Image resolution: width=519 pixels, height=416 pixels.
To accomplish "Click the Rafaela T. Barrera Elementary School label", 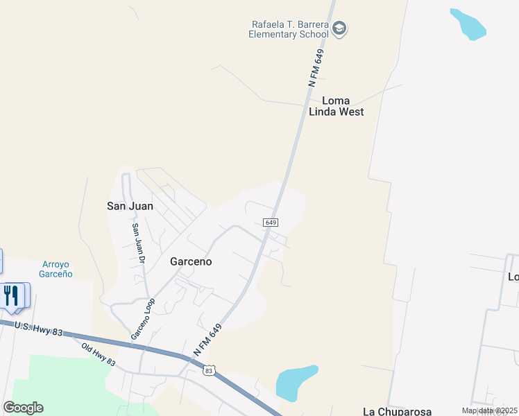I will pos(290,29).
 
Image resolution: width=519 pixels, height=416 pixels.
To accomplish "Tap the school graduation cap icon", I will pos(340,28).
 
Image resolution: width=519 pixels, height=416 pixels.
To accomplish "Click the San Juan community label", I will pos(129,206).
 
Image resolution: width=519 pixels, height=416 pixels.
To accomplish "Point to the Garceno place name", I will pos(191,262).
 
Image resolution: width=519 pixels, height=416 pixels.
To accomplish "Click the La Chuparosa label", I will pos(397,410).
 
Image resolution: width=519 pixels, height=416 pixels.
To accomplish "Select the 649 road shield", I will pos(271,223).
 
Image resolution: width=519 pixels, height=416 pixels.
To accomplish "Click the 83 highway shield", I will pos(210,371).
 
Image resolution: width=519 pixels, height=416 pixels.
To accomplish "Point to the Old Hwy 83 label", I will pos(99,355).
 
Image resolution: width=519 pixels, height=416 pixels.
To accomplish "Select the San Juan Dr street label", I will pos(138,243).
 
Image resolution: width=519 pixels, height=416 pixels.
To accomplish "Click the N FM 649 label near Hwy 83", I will pos(207,340).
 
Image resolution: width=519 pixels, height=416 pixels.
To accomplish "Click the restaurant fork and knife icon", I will pos(11,295).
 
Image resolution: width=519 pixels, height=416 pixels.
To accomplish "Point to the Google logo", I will pos(23,408).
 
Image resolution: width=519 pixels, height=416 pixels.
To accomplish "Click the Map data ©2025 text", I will pos(490,410).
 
